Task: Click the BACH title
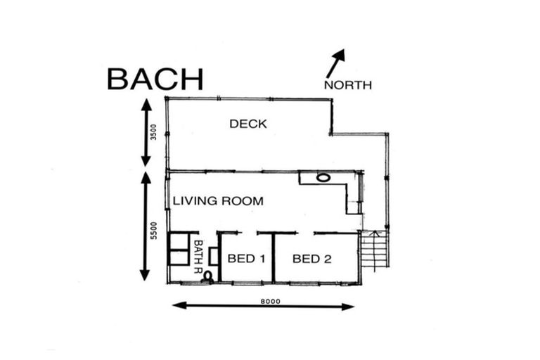tap(155, 79)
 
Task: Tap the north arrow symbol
tap(335, 63)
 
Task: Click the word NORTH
tap(348, 85)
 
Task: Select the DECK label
tap(248, 124)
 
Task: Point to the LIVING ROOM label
tap(218, 201)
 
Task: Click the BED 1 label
tap(247, 258)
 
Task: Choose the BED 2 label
tap(312, 259)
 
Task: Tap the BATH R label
tap(198, 257)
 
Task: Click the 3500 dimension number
tap(153, 132)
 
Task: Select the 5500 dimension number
tap(153, 231)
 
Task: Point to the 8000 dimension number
tap(270, 302)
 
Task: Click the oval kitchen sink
tap(323, 178)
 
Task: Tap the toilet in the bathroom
tap(208, 276)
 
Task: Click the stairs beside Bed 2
tap(375, 250)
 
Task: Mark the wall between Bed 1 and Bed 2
tap(274, 257)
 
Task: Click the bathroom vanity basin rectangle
tap(214, 256)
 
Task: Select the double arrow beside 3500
tap(146, 132)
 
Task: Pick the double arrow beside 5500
tap(146, 226)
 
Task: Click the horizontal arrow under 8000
tap(264, 306)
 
